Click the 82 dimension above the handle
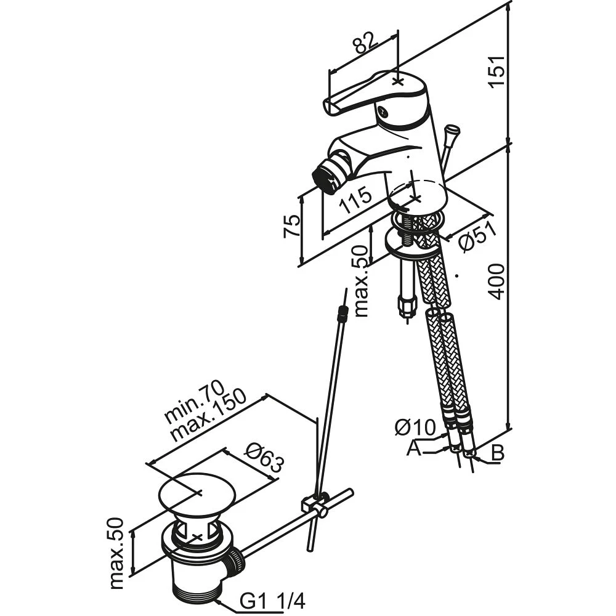pyautogui.click(x=365, y=43)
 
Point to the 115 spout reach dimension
pyautogui.click(x=356, y=200)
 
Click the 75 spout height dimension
pyautogui.click(x=292, y=227)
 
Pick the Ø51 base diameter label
pyautogui.click(x=477, y=237)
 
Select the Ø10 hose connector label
pyautogui.click(x=415, y=427)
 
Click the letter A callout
pyautogui.click(x=413, y=448)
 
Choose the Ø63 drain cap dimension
pyautogui.click(x=264, y=458)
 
